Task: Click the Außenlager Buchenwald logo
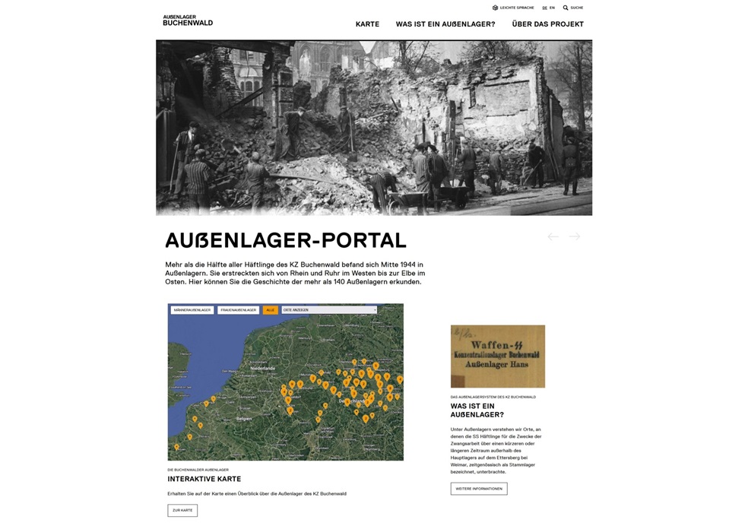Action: pyautogui.click(x=187, y=21)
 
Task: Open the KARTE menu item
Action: pyautogui.click(x=367, y=24)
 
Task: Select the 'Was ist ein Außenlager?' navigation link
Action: pyautogui.click(x=445, y=24)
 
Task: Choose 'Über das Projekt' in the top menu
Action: pyautogui.click(x=547, y=24)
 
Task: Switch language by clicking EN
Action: pyautogui.click(x=552, y=8)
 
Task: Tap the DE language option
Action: pyautogui.click(x=544, y=8)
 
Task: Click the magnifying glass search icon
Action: pyautogui.click(x=566, y=8)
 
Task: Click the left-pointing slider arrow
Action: pyautogui.click(x=553, y=236)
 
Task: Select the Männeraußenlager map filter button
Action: pyautogui.click(x=192, y=310)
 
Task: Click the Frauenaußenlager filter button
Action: pyautogui.click(x=239, y=310)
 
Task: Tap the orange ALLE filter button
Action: pyautogui.click(x=270, y=310)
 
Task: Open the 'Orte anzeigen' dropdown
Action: pyautogui.click(x=329, y=310)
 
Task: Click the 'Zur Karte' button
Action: pyautogui.click(x=182, y=510)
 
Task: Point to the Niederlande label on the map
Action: pyautogui.click(x=262, y=368)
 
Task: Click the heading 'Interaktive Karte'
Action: pyautogui.click(x=204, y=479)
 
